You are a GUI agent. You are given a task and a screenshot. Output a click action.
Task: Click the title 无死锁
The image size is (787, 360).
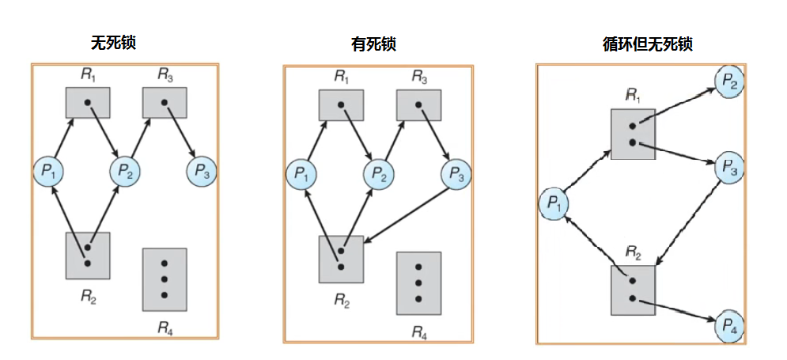[113, 42]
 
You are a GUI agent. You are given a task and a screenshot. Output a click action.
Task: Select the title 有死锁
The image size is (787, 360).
[373, 44]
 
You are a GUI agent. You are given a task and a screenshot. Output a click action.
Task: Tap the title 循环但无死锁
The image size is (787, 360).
[647, 44]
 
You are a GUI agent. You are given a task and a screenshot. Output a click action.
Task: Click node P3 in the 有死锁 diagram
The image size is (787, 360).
[456, 172]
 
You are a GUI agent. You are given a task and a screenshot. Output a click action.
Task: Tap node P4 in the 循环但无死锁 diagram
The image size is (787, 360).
[728, 325]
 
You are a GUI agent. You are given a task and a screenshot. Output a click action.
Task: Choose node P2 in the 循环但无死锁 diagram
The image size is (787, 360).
[728, 79]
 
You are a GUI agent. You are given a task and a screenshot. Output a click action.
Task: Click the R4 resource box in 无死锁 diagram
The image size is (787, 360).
[165, 279]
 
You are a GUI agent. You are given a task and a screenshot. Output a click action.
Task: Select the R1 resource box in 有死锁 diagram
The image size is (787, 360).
[341, 104]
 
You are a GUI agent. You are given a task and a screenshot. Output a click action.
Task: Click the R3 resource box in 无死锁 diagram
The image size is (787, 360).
[164, 102]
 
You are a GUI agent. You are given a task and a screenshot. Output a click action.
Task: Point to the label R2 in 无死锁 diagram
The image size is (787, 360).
[88, 297]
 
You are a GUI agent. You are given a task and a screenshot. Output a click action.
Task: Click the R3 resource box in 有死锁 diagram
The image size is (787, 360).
[418, 104]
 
